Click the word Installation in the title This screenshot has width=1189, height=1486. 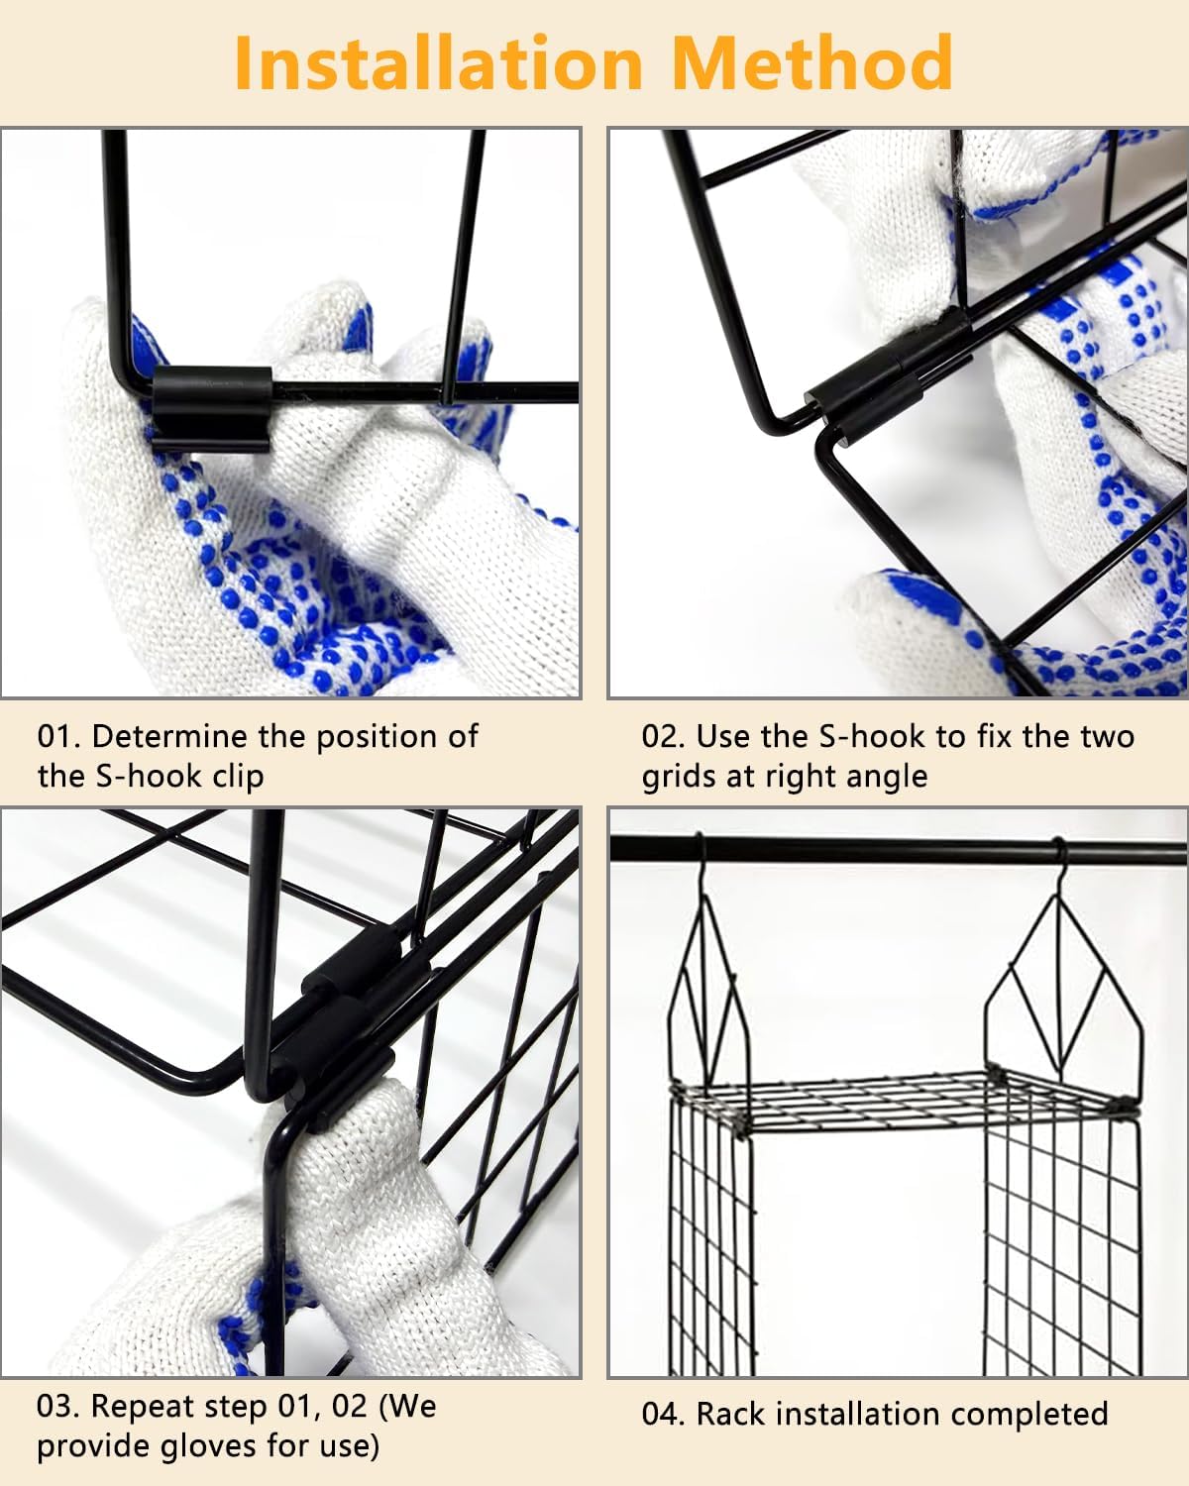pyautogui.click(x=439, y=62)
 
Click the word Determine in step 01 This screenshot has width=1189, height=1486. pyautogui.click(x=170, y=737)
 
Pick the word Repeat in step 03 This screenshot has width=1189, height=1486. pyautogui.click(x=143, y=1408)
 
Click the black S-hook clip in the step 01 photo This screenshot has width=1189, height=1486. pyautogui.click(x=211, y=409)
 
